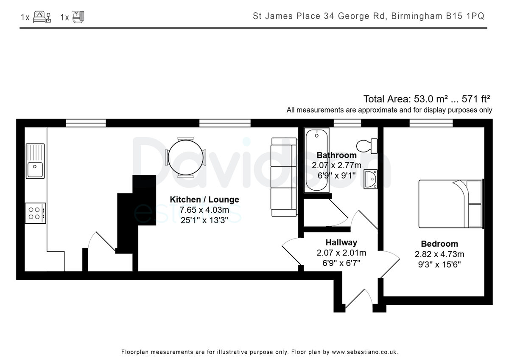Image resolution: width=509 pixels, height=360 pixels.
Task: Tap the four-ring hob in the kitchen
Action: (x=35, y=213)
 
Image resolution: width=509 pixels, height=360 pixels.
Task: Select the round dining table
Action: (x=186, y=157)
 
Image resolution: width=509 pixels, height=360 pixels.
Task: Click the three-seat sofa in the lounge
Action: (x=284, y=177)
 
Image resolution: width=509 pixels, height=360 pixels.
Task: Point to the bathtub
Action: (x=316, y=160)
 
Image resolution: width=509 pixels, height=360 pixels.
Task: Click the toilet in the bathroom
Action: (x=367, y=146)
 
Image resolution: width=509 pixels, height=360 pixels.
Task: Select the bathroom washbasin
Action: (x=371, y=179)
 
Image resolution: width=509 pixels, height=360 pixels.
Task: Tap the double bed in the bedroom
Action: (x=451, y=204)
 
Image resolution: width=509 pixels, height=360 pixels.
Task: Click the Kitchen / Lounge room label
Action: (x=204, y=200)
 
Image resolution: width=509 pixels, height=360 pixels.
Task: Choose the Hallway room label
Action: (x=341, y=242)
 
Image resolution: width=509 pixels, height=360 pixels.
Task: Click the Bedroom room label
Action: (x=439, y=244)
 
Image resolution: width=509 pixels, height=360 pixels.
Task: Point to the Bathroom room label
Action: (x=336, y=155)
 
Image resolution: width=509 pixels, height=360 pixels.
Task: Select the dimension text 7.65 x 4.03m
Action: (x=204, y=210)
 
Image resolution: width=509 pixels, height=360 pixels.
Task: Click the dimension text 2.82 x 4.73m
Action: (x=439, y=254)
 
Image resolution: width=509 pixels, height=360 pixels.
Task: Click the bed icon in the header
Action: (x=42, y=17)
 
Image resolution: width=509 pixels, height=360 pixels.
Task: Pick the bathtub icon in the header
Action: (x=78, y=17)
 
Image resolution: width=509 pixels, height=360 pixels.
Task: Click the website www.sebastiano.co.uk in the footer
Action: (x=365, y=352)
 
